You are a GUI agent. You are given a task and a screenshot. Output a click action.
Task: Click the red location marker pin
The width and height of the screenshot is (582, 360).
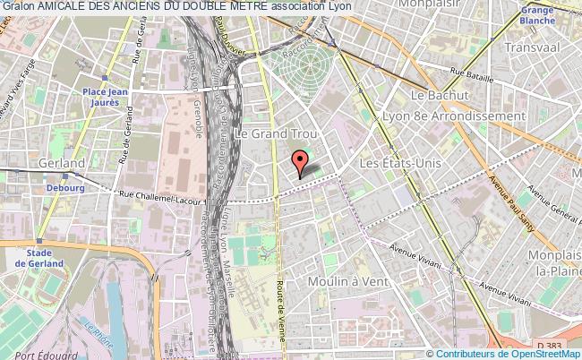(x=299, y=162)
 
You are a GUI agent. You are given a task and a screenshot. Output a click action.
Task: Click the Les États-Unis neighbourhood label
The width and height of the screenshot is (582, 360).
(x=398, y=166)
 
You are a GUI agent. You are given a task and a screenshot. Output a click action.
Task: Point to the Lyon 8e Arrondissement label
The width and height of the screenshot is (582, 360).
(x=466, y=116)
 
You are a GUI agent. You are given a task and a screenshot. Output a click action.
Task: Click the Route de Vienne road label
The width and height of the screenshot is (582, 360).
(x=285, y=322)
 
